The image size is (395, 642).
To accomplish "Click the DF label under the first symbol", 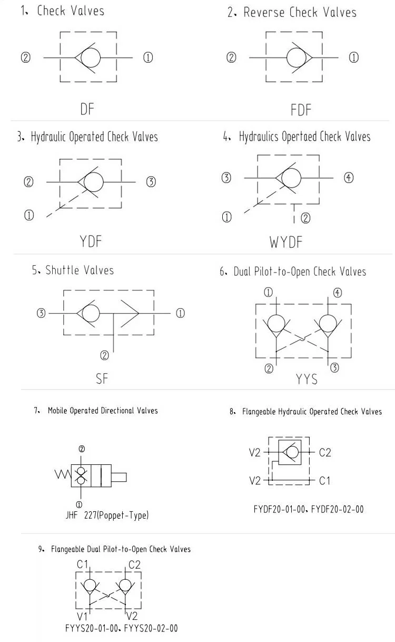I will (88, 109).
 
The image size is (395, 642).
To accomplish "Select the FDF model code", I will (301, 110).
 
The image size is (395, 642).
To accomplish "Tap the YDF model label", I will (90, 241).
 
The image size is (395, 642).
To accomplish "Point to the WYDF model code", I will (286, 242).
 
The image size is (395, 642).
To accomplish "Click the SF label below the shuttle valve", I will (102, 378).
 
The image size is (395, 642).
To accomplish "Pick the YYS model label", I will (307, 379).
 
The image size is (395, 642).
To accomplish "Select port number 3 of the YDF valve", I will (151, 182).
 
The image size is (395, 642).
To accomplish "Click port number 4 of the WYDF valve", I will (349, 178).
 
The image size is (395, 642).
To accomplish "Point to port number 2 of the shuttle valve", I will (104, 355).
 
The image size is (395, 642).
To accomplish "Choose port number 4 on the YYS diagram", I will (337, 293).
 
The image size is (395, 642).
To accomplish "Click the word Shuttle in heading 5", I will (63, 270).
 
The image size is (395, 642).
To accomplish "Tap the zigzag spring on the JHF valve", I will (62, 475).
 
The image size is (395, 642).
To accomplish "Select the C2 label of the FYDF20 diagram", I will (325, 452).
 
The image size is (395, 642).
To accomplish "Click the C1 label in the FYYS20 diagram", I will (83, 565).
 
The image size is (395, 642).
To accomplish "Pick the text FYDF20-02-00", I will (337, 509).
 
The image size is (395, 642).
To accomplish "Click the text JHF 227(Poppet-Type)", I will (107, 515).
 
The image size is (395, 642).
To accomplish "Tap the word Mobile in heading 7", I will (57, 411).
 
